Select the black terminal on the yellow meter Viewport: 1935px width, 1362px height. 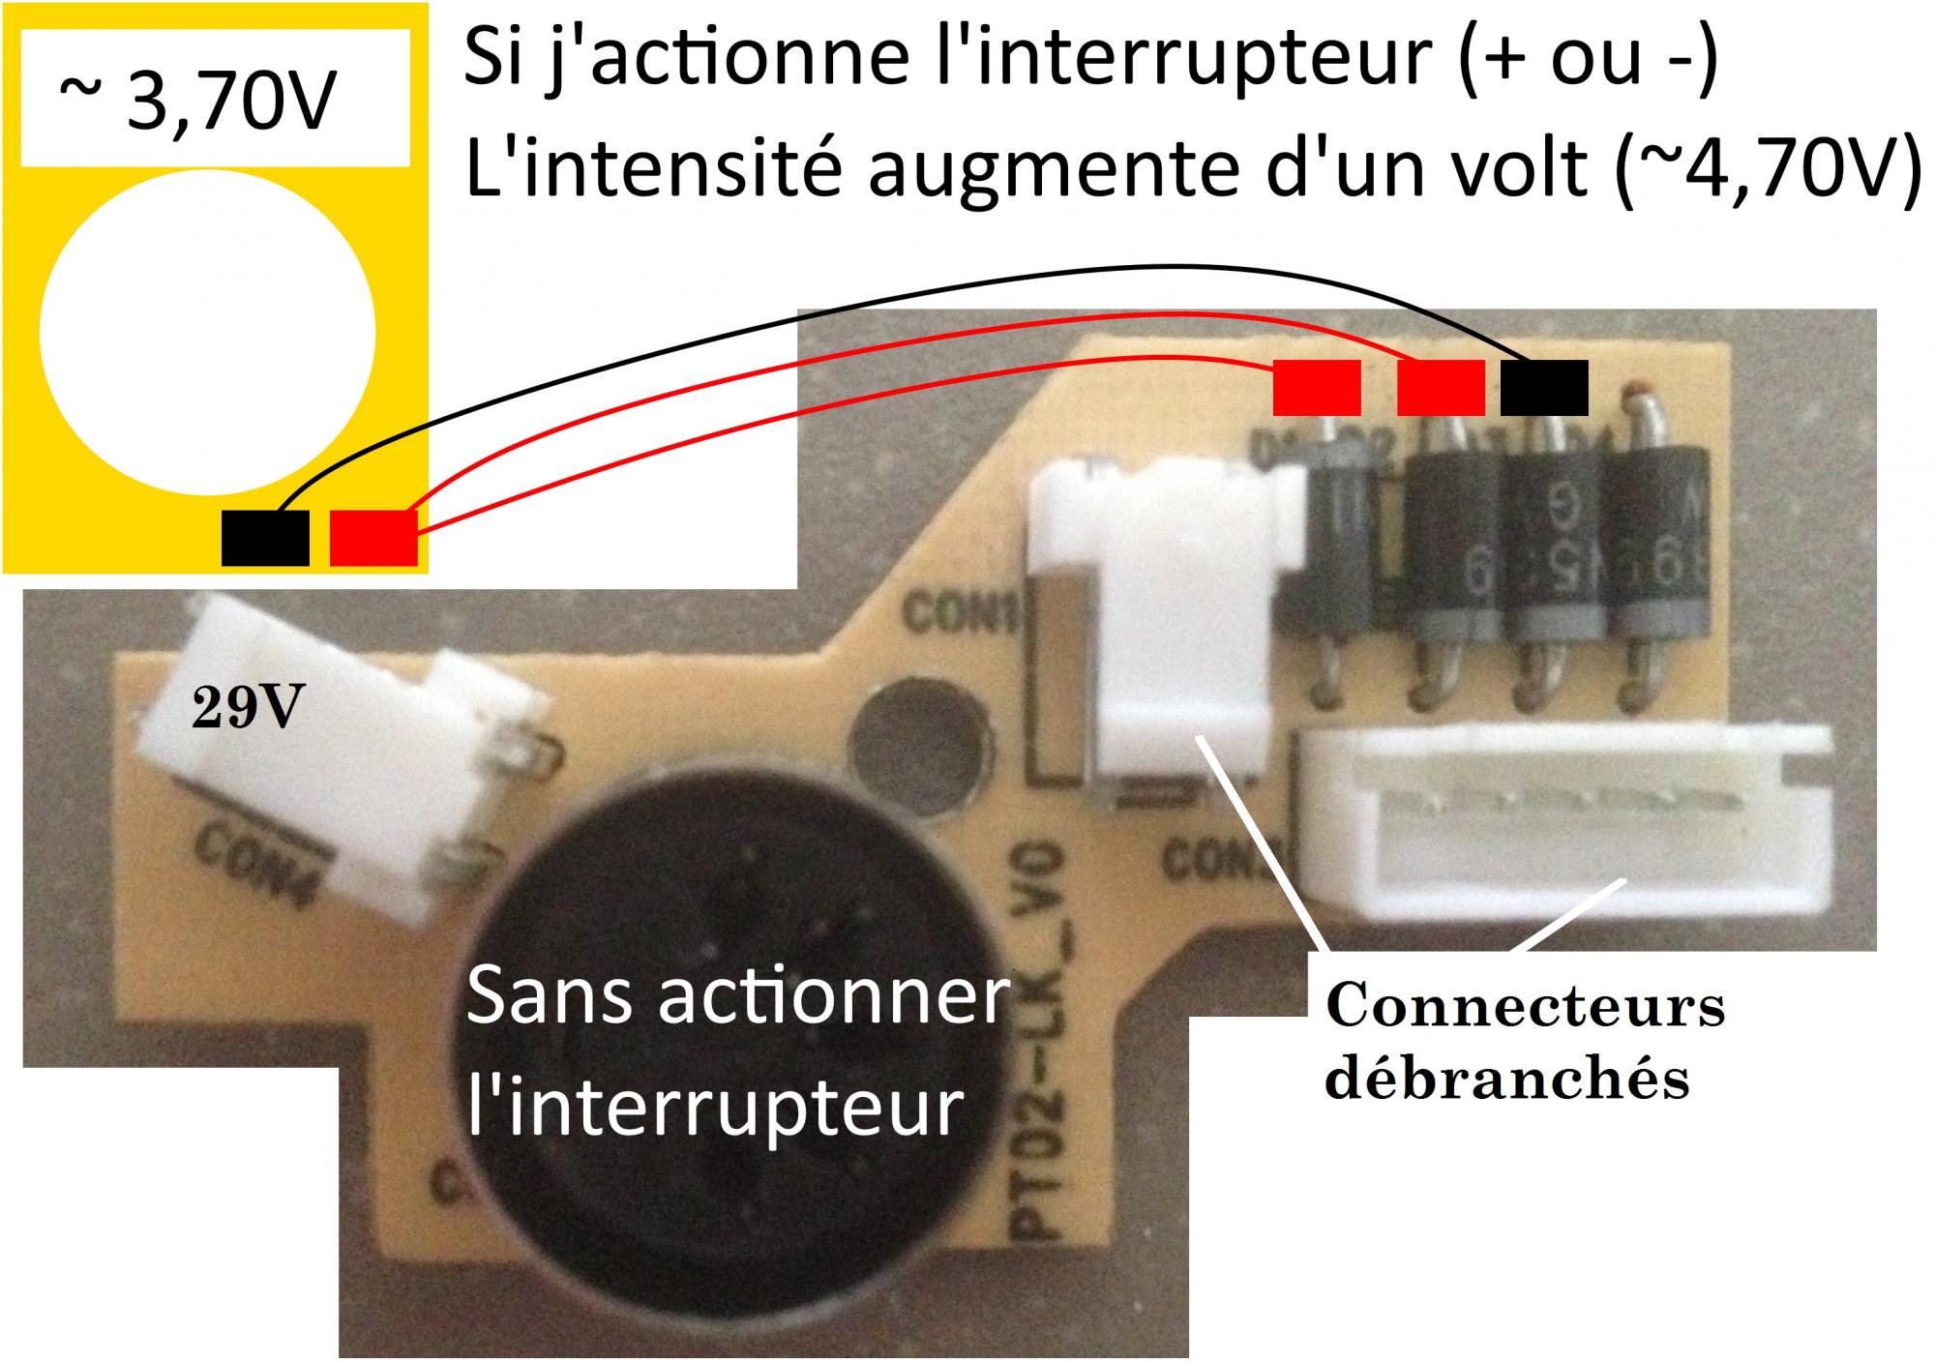click(x=265, y=538)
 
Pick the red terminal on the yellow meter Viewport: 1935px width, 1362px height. click(x=373, y=538)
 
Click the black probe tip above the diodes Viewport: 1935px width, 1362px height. click(x=1544, y=387)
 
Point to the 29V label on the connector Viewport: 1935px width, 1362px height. click(x=247, y=709)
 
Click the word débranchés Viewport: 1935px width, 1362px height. click(x=1506, y=1078)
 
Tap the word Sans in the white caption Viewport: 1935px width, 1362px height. click(x=547, y=998)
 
